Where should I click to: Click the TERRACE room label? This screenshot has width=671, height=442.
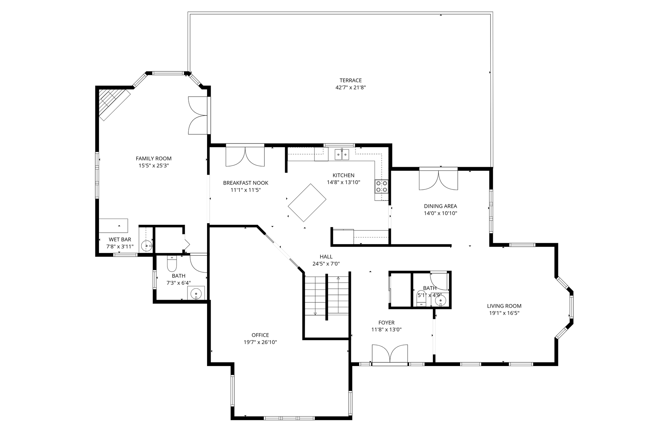click(351, 80)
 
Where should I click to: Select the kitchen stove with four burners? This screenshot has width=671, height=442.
click(381, 186)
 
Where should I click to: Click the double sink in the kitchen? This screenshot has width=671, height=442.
click(342, 154)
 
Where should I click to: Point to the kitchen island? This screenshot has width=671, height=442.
click(307, 202)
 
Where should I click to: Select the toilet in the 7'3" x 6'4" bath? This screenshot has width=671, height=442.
click(172, 263)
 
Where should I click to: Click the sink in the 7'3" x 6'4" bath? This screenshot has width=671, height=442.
click(196, 293)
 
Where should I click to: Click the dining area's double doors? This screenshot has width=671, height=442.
click(438, 179)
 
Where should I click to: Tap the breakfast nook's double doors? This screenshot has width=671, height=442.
click(245, 155)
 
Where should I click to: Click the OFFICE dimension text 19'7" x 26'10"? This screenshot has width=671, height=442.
click(260, 342)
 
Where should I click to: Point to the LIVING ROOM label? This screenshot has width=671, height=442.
click(504, 306)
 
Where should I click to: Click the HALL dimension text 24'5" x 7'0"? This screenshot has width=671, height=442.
click(326, 263)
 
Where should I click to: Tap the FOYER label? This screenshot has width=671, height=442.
click(386, 323)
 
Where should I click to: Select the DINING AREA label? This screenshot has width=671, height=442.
click(440, 206)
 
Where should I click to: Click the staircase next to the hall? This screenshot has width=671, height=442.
click(327, 296)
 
